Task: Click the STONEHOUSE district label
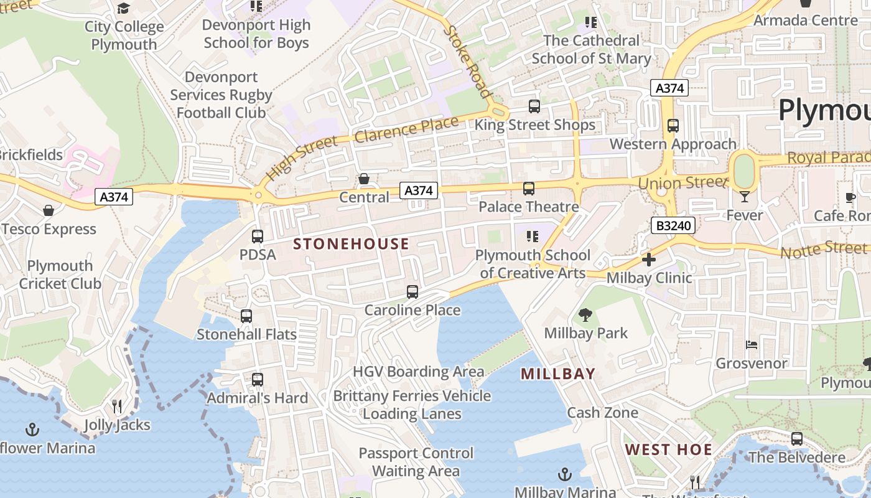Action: [351, 244]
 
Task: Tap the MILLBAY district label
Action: [558, 374]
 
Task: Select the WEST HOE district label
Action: [669, 449]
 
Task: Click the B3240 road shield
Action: [673, 225]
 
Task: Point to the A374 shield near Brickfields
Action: [114, 197]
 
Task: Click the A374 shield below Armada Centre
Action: [670, 88]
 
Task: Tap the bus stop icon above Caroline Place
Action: [412, 291]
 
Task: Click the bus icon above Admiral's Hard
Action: [257, 379]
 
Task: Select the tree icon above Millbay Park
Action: [585, 315]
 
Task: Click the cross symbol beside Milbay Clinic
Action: [649, 260]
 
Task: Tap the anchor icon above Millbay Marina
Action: [564, 475]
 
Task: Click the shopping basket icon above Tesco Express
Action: [49, 211]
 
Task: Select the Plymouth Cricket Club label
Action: [60, 275]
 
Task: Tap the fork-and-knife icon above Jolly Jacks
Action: [117, 406]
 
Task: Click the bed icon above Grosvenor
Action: [752, 345]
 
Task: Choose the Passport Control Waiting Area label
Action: [416, 462]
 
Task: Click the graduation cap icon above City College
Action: [124, 9]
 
